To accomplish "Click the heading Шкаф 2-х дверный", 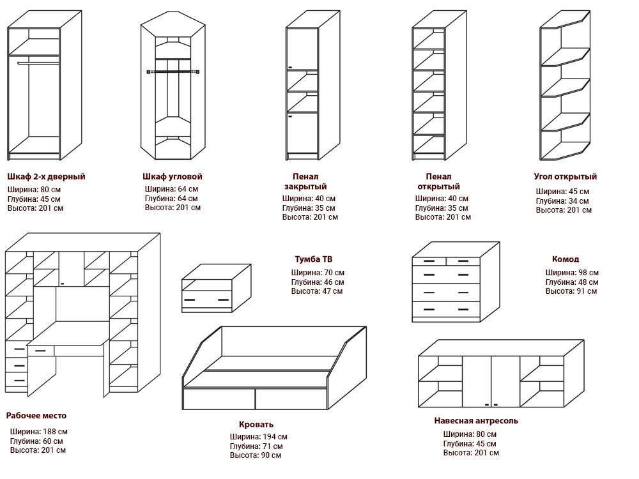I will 46,176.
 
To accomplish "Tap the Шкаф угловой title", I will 173,176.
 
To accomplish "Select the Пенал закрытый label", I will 305,181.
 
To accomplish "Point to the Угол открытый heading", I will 566,176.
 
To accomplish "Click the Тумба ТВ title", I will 313,259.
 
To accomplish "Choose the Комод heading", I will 566,259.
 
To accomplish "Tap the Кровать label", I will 256,424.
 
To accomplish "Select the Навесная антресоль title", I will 476,421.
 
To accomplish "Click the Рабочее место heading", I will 36,416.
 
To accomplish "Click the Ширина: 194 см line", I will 259,437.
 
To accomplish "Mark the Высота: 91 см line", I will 571,291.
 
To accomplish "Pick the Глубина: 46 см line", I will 318,282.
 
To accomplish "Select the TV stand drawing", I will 215,287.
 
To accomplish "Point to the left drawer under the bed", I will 219,399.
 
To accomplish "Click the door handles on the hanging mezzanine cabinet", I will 491,405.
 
